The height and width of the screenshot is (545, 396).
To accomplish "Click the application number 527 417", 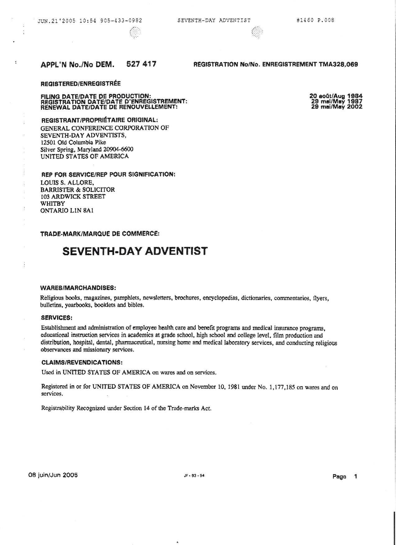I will pos(141,64).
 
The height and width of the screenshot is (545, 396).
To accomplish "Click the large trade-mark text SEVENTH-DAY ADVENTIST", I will pos(135,251).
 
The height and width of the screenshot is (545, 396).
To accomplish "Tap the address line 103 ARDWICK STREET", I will pos(73,196).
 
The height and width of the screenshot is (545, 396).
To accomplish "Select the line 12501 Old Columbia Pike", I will pos(73,142).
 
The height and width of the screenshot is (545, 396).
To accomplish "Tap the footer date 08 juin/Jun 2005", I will pos(53,475).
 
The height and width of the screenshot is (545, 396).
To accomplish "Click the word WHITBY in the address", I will pos(53,204).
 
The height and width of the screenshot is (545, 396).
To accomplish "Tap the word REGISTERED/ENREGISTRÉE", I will pos(80,84).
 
